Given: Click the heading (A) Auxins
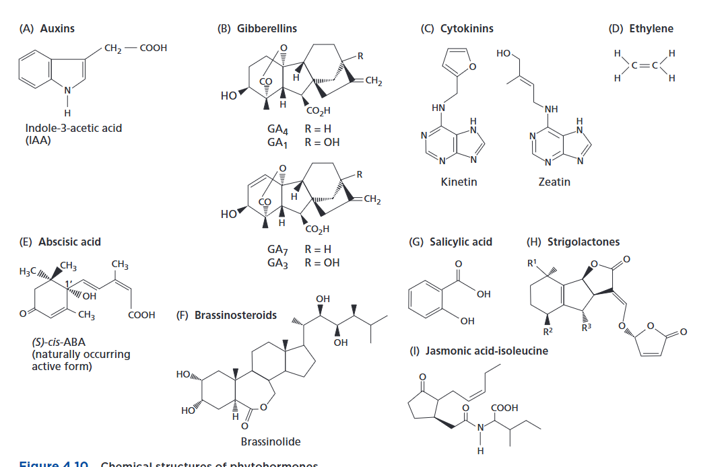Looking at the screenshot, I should [48, 28].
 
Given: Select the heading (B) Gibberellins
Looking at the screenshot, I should [257, 28].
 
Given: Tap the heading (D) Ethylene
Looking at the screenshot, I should [640, 28].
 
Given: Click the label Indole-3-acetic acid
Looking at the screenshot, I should [73, 128].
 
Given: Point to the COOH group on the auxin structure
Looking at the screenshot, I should [153, 48].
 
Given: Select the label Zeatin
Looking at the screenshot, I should [554, 182].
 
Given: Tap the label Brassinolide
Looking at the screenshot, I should [270, 442].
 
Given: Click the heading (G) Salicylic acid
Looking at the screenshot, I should [451, 242].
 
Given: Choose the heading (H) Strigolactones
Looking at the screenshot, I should [572, 242].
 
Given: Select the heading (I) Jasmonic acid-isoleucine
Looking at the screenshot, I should [479, 351].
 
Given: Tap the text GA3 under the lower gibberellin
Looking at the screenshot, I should [278, 262].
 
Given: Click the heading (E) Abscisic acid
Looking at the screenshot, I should [59, 242].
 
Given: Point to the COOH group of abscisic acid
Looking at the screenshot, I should [141, 315].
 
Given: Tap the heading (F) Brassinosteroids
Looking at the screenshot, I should [226, 315].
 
